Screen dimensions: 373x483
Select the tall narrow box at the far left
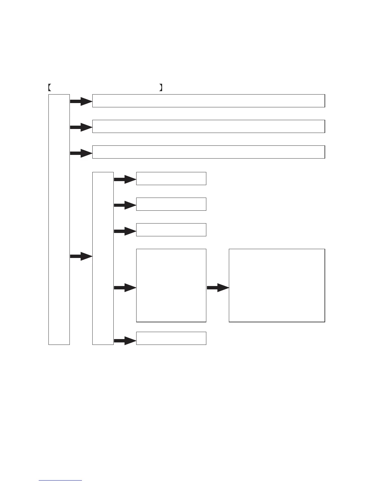59,220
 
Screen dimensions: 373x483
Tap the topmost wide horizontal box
208,101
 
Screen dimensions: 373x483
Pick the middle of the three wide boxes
208,127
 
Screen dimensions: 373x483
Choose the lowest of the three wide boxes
208,152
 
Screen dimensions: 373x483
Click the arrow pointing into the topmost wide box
81,102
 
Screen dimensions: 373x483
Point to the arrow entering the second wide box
81,127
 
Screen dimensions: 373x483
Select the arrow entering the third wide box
81,153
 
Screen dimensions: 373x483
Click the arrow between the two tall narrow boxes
81,256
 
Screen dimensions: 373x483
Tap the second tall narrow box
103,259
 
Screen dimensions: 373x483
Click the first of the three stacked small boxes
171,179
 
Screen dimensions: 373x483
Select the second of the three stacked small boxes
171,204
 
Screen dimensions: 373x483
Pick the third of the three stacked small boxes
171,230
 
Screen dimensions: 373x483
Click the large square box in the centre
171,285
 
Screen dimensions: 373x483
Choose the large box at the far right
277,285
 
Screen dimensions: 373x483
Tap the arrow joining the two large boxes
218,288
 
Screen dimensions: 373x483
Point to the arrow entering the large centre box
125,288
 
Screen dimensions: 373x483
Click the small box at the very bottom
171,338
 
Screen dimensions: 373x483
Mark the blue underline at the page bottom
60,481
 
